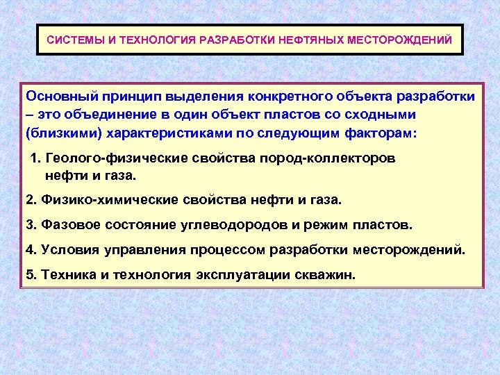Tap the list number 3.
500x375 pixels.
29,225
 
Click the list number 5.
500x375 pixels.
29,274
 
